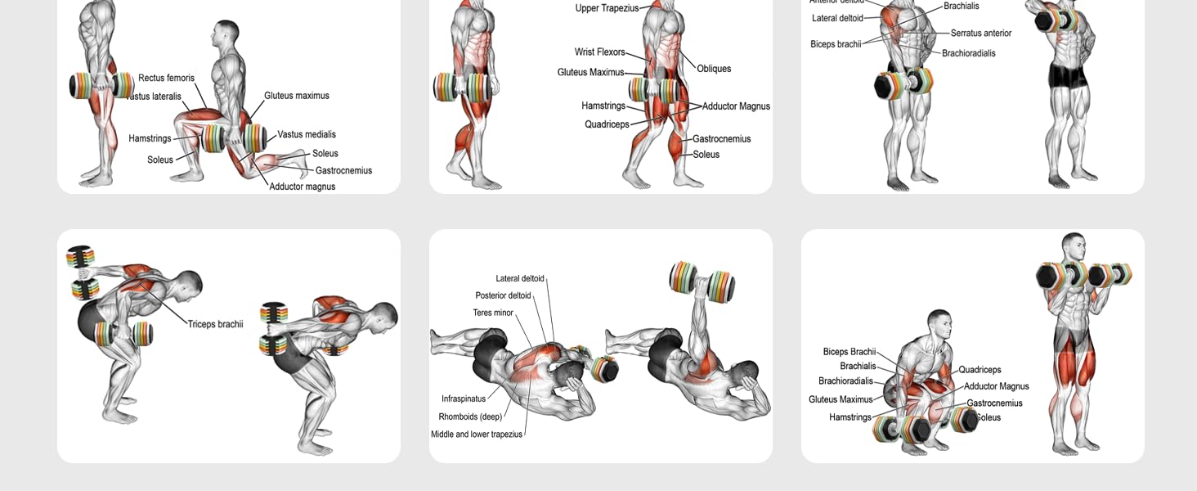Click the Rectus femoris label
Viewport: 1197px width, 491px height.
(x=166, y=79)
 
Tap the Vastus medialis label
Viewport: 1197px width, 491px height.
(x=306, y=134)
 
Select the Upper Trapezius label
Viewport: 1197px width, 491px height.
(x=607, y=8)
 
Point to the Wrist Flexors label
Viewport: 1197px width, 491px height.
(x=599, y=52)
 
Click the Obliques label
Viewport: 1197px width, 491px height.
(x=714, y=69)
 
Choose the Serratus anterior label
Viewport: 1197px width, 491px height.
(x=980, y=34)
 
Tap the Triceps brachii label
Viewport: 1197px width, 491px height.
(x=215, y=324)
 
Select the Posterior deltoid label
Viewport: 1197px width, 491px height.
(x=503, y=295)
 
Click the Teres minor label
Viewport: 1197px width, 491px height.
(x=493, y=313)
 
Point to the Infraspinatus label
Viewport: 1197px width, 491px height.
(x=464, y=399)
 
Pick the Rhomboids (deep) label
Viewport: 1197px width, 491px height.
(x=470, y=417)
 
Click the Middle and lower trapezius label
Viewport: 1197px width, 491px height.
(x=477, y=435)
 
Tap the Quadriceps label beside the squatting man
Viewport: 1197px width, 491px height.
(x=980, y=370)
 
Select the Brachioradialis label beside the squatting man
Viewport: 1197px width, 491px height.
(x=845, y=381)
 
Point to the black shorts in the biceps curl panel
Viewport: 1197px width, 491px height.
(x=1069, y=76)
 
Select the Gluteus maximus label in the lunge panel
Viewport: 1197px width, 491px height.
(x=296, y=96)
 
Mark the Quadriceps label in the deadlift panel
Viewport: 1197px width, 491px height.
(x=607, y=124)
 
